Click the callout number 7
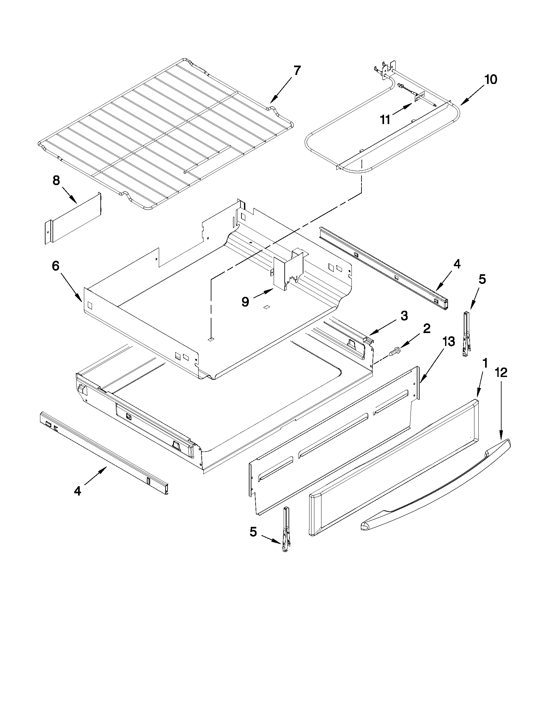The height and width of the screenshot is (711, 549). tap(297, 70)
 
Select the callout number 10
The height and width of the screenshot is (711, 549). tap(491, 80)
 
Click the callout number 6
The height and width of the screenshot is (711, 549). tap(56, 266)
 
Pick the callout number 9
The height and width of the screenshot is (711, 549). tap(245, 302)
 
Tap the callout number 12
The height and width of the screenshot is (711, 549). tap(501, 372)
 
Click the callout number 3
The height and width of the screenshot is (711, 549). tap(404, 316)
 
